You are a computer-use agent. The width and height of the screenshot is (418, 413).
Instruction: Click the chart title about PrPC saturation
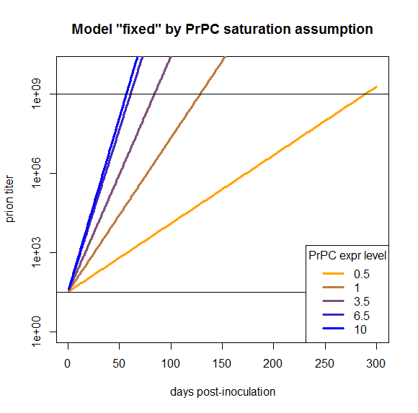click(x=222, y=29)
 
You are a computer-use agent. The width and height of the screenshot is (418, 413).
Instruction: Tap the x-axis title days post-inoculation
click(x=223, y=391)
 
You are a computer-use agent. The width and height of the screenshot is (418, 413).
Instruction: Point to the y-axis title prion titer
click(x=9, y=199)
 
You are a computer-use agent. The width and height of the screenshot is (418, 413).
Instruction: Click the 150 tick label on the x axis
click(x=222, y=363)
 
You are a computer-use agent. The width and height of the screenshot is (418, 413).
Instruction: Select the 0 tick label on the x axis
click(x=68, y=363)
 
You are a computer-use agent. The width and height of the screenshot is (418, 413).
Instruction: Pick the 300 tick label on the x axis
click(x=376, y=363)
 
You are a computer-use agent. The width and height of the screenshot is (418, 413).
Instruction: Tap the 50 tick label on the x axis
click(x=119, y=363)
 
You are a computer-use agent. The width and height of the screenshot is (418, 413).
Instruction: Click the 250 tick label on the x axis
click(x=324, y=363)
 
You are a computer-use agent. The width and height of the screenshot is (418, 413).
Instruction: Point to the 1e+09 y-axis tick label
click(x=36, y=94)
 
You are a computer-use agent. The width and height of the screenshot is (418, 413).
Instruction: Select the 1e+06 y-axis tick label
click(x=36, y=173)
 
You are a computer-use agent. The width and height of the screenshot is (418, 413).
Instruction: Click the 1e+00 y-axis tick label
click(x=36, y=332)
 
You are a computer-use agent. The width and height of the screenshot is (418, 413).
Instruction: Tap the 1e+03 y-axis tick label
click(x=36, y=252)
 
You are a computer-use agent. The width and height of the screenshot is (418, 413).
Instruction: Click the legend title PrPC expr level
click(x=347, y=255)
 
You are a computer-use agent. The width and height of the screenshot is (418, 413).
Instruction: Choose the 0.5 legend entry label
click(x=362, y=274)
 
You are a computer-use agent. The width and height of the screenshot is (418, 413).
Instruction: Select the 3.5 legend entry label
click(x=362, y=301)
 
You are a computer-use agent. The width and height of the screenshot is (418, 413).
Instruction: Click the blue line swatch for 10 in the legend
click(x=333, y=329)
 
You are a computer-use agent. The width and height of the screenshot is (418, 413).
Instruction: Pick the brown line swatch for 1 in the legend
click(x=333, y=287)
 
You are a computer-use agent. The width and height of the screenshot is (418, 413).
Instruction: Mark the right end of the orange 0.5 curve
click(x=376, y=86)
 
